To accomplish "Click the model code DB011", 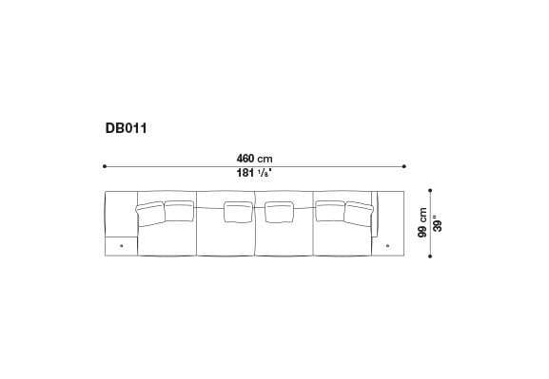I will pos(126,124).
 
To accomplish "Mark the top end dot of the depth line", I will pos(429,189).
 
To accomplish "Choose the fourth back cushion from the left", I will pos(277,212).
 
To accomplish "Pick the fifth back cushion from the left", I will pos(329,210).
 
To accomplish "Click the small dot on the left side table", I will pos(121,245).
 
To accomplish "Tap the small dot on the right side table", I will pos(389,245).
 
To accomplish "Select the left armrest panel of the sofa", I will pos(120,213).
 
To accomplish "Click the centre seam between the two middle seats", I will pos(255,228).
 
